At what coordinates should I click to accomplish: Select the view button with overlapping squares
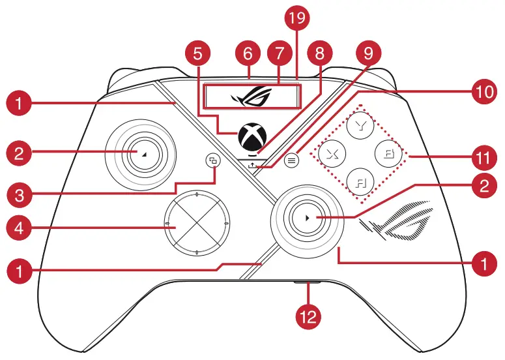(x=213, y=160)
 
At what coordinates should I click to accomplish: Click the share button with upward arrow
(x=252, y=165)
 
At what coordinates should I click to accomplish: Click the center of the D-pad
(x=196, y=224)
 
